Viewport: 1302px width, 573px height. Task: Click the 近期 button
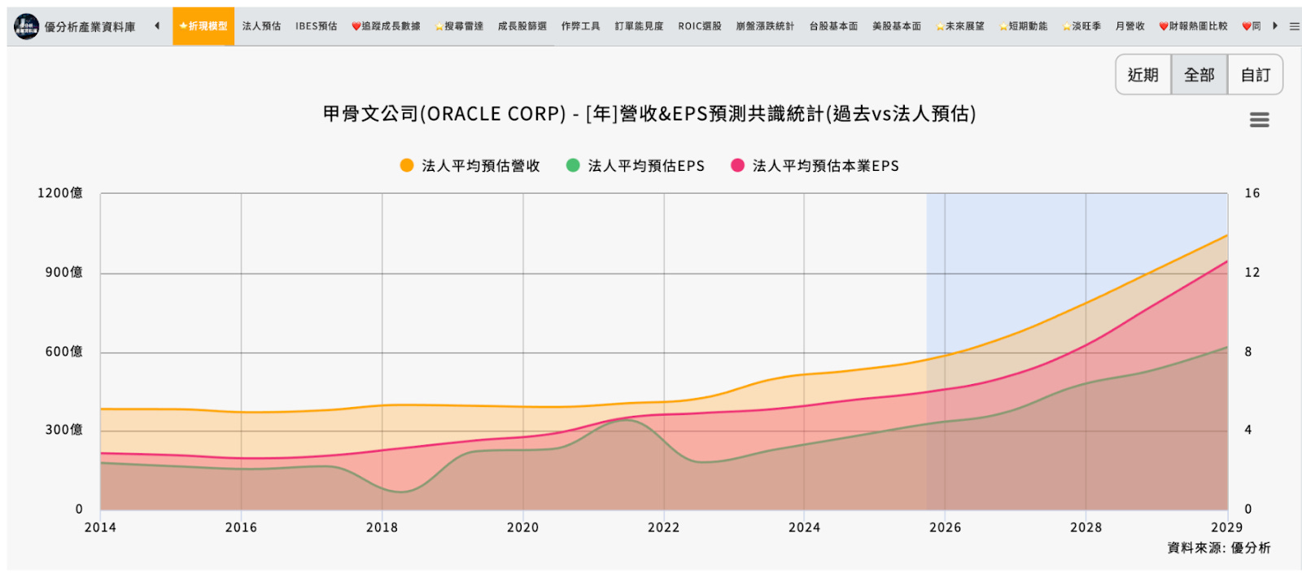coord(1143,75)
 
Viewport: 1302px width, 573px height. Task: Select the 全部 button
coord(1199,75)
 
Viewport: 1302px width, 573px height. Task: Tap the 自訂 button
coord(1255,75)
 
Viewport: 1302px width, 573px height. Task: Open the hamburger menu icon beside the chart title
coord(1259,120)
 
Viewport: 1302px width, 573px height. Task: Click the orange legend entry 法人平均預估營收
coord(470,166)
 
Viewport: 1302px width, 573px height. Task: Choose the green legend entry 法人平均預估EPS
coord(636,166)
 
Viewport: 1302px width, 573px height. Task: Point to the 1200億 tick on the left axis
coord(60,193)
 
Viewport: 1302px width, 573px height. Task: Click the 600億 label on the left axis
coord(63,352)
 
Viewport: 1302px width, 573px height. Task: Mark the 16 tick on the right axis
coord(1252,193)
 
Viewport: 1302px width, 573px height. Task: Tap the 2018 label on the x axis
coord(382,527)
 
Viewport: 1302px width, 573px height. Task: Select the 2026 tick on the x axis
coord(945,527)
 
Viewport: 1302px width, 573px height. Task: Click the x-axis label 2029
coord(1226,527)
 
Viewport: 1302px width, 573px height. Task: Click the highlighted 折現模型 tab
coord(203,26)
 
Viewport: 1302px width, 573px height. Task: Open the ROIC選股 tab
coord(700,26)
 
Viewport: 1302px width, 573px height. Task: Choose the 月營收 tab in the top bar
coord(1129,26)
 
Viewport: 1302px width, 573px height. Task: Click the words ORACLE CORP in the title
coord(496,114)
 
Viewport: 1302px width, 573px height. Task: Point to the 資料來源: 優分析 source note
coord(1218,548)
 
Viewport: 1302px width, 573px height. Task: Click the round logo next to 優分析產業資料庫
coord(26,26)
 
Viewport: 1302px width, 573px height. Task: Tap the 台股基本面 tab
coord(833,26)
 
